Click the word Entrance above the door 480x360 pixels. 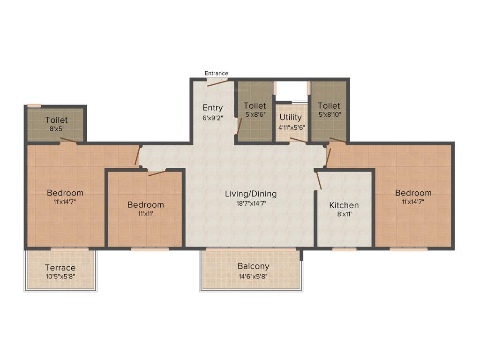[217, 73]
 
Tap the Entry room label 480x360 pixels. [212, 108]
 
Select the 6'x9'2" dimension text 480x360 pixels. [212, 118]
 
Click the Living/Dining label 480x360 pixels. [251, 194]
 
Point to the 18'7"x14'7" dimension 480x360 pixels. [251, 203]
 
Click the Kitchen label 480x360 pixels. [344, 205]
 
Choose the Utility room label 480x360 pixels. [291, 117]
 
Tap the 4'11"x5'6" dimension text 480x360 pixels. [291, 127]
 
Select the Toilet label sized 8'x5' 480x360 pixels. [56, 120]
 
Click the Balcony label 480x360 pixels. [253, 266]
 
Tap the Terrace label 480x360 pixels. [60, 268]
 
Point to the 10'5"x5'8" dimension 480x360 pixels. [60, 277]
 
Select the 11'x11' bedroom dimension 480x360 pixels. [145, 214]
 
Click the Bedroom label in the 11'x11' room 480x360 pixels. [145, 205]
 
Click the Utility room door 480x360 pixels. [298, 139]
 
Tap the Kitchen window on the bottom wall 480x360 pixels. [344, 249]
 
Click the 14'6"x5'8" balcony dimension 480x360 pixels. [253, 276]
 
